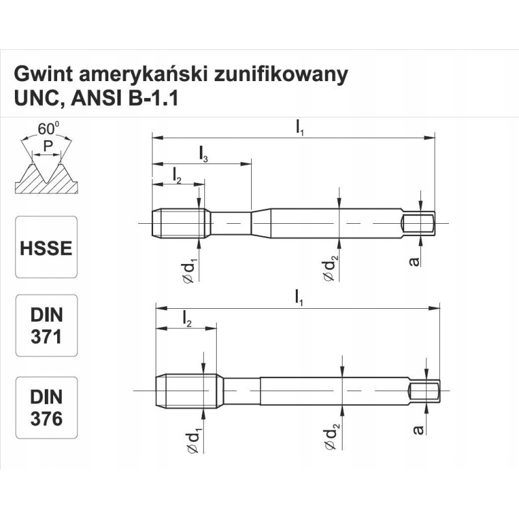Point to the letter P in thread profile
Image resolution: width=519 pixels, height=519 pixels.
(47, 147)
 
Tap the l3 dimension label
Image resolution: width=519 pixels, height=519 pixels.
(204, 154)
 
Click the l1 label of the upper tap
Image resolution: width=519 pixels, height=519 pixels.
(300, 128)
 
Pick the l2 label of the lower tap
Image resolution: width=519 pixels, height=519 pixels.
(187, 319)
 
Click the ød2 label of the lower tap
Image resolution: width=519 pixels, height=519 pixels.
(331, 438)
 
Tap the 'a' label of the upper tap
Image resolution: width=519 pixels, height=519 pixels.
(415, 261)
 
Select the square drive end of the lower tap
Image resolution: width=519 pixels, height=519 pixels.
(425, 391)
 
